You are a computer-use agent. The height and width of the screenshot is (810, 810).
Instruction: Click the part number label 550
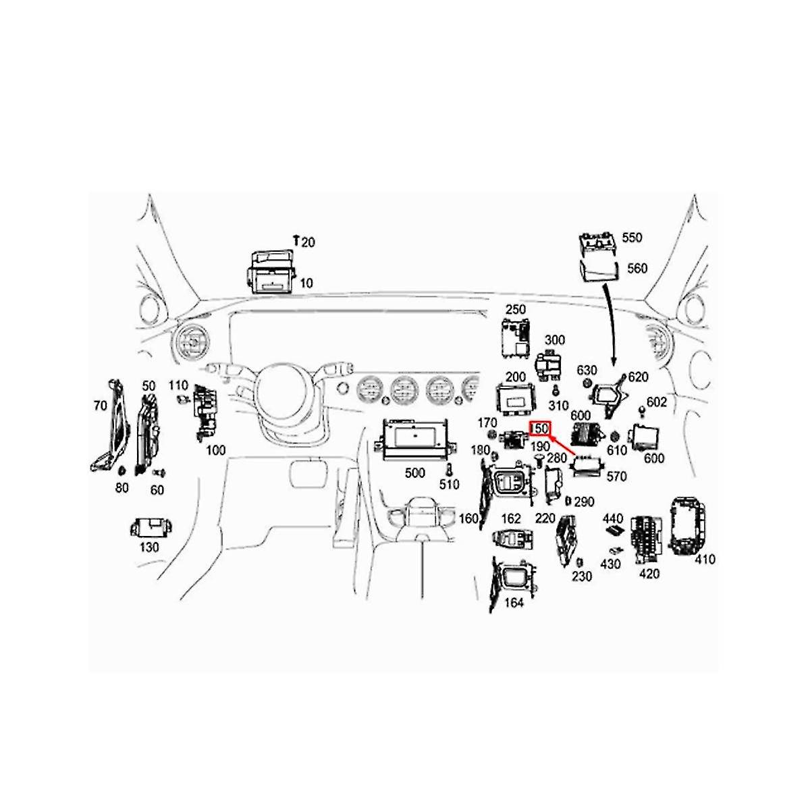click(x=632, y=238)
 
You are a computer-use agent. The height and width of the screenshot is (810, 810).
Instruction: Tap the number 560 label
click(x=637, y=268)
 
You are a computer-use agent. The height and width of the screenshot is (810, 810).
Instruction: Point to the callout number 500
click(x=414, y=473)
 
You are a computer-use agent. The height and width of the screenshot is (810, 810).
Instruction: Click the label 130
click(x=148, y=547)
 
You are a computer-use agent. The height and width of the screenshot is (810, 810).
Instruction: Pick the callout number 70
click(x=100, y=406)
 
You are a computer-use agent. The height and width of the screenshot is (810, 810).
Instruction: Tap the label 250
click(x=515, y=309)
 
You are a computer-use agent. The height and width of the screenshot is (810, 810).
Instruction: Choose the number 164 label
click(x=514, y=603)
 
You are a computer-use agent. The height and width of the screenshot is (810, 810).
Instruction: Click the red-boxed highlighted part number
click(x=541, y=429)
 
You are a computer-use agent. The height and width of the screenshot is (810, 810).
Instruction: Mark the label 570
click(x=616, y=477)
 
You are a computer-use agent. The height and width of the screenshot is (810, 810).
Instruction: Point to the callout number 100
click(x=215, y=450)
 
